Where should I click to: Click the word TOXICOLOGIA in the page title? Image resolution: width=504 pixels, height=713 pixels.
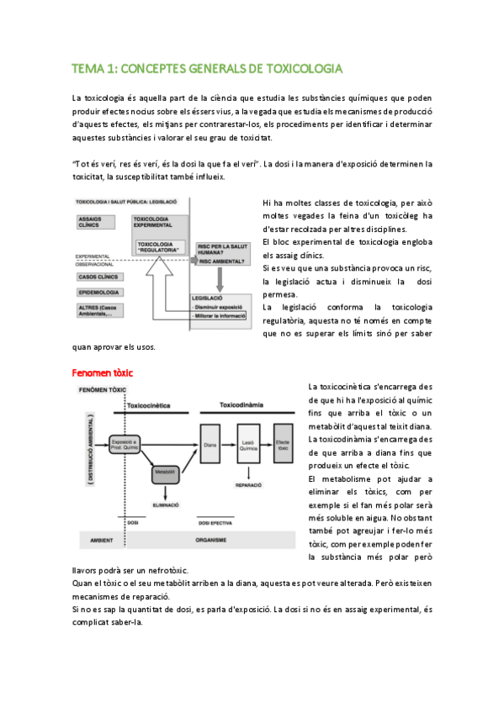(303, 68)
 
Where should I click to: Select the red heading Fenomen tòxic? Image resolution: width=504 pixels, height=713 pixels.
(103, 372)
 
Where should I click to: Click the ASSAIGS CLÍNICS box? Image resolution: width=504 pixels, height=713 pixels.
(95, 224)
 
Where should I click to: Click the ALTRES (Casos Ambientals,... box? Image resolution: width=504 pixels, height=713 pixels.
(100, 312)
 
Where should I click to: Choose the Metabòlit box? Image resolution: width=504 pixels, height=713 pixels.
(164, 473)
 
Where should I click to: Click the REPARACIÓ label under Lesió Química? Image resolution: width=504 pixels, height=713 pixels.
(247, 485)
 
